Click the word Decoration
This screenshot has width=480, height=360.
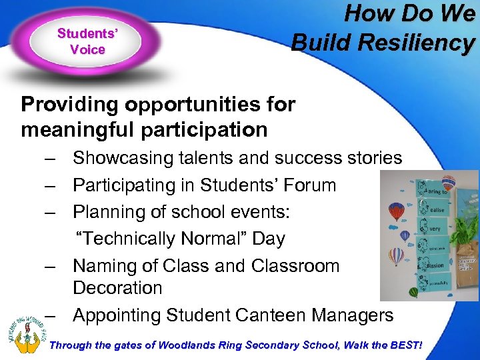pos(117,288)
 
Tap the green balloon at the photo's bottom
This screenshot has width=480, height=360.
pos(413,292)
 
